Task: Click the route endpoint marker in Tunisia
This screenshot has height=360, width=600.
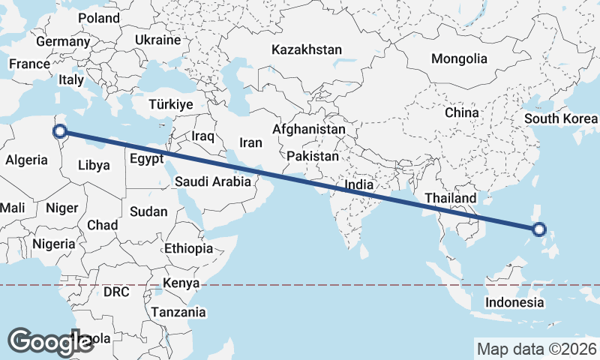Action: coord(59,133)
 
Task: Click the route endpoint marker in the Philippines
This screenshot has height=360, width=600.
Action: coord(539,230)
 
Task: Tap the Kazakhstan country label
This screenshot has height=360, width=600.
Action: coord(307,50)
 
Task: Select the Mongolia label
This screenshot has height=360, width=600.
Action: coord(459,58)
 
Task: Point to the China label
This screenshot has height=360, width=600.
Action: coord(461,112)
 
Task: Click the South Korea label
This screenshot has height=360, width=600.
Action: coord(561,118)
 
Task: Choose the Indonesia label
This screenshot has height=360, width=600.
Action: coord(514,302)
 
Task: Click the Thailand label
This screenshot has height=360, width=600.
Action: coord(450,198)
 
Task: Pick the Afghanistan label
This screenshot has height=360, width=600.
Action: coord(309,129)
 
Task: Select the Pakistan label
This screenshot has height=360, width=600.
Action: coord(313,156)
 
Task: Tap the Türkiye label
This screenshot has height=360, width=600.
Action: coord(171,104)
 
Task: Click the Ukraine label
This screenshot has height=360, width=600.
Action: coord(158,40)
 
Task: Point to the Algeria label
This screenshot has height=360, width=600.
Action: coord(27,160)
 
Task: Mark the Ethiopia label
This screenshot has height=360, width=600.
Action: coord(188,248)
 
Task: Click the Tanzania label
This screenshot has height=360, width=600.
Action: coord(178,311)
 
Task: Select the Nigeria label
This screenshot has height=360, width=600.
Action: coord(53,244)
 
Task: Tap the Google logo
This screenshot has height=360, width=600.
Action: coord(50,341)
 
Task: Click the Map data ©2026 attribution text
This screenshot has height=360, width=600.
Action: coord(535,349)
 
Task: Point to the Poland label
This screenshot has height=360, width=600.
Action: coord(98,17)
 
